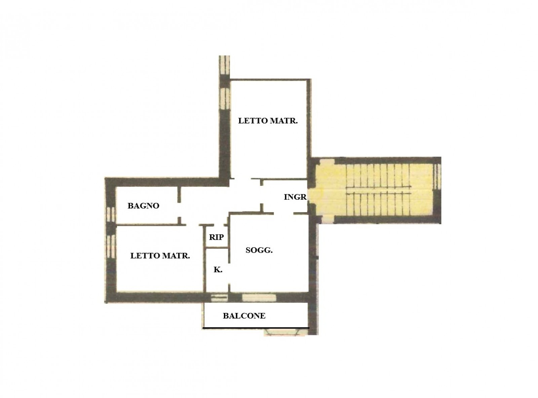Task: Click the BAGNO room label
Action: coord(143,206)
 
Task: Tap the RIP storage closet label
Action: coord(216,237)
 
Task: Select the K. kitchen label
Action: coord(218,270)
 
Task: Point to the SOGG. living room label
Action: coord(259,250)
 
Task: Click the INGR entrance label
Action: coord(295,197)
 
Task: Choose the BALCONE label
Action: coord(244,316)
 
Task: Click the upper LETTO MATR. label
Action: coord(268,121)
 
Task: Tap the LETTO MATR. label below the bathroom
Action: coord(160,255)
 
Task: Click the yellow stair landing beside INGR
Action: coord(328,192)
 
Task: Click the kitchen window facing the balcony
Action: coord(219,298)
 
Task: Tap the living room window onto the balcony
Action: coord(259,298)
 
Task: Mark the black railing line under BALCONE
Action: coord(256,328)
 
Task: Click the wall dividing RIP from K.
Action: coord(217,248)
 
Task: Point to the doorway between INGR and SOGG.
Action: coord(284,213)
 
